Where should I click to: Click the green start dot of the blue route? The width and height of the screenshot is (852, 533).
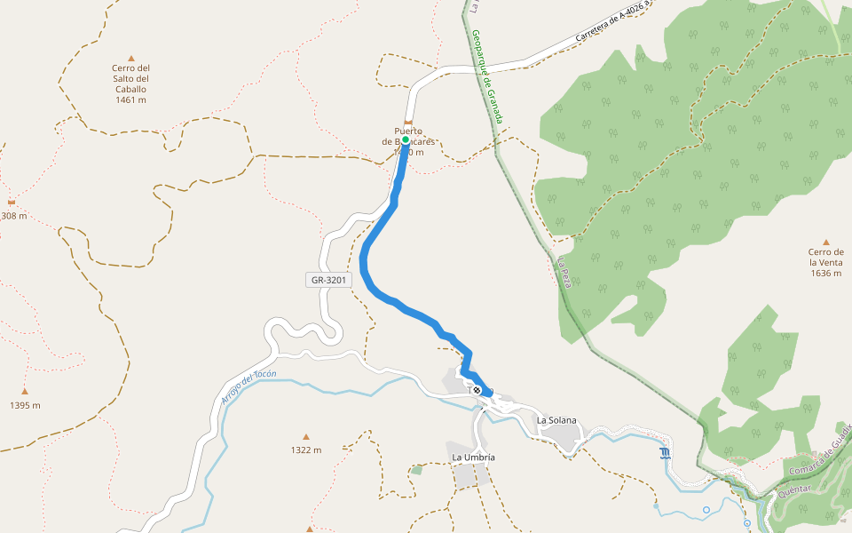coord(405,140)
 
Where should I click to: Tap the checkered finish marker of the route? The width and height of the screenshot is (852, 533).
coord(477,390)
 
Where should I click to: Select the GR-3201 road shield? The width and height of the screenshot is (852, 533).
coord(328,280)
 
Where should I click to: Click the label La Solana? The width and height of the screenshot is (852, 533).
coord(556,419)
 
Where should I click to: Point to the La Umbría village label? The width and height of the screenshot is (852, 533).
coord(473,457)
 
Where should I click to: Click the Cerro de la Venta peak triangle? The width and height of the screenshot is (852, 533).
coord(825,242)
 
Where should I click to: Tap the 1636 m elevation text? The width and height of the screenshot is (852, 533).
coord(825,274)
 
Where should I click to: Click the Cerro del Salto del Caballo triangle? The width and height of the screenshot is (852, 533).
coord(130,58)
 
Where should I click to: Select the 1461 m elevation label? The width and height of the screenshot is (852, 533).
coord(130,100)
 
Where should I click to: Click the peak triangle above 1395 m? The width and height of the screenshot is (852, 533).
coord(25,391)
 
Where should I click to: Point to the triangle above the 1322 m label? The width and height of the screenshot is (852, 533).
coord(306,436)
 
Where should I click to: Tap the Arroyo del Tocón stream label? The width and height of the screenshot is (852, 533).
coord(248,388)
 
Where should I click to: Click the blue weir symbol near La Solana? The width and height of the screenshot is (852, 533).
coord(666,454)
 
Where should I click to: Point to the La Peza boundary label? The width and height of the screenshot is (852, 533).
coord(567,272)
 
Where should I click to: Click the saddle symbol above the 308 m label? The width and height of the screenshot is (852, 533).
coord(12,203)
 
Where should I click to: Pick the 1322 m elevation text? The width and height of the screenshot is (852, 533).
coord(306,450)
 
